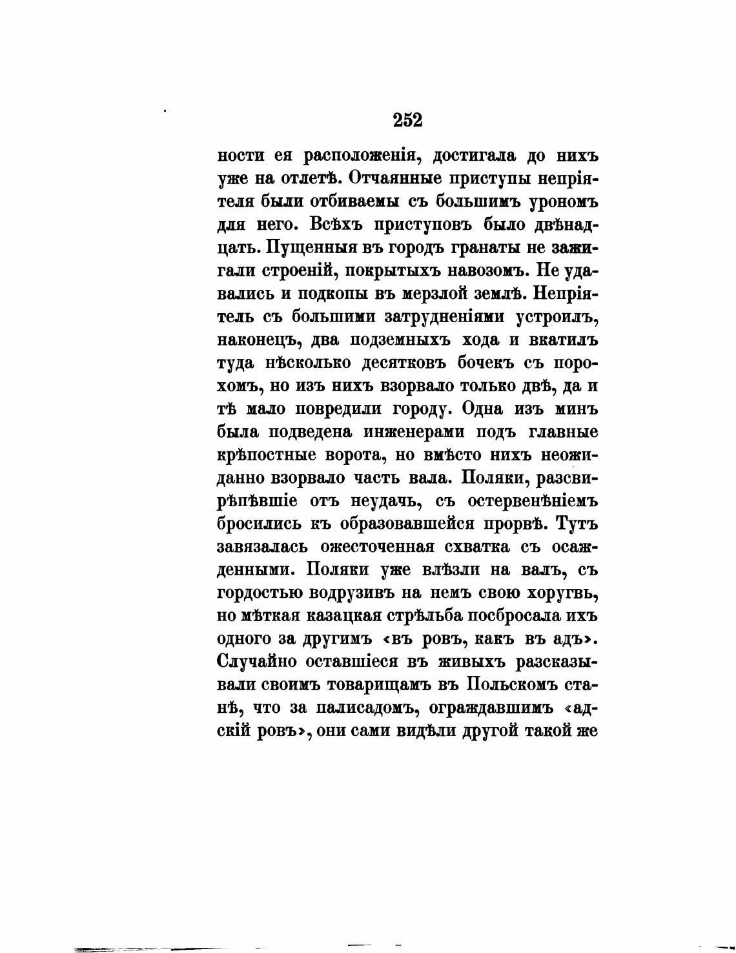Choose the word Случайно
[255, 662]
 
